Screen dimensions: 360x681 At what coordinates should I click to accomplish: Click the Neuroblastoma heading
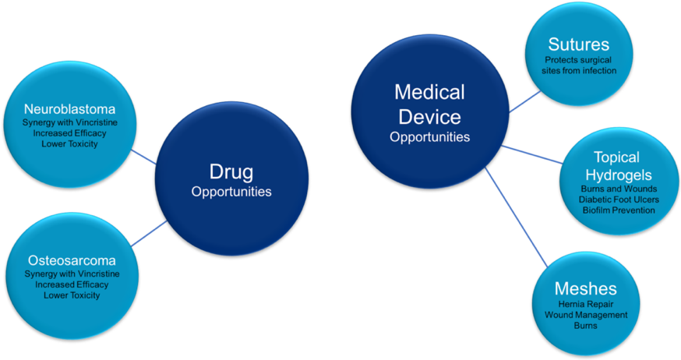coord(71,108)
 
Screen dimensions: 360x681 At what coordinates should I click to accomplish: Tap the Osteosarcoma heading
coord(72,260)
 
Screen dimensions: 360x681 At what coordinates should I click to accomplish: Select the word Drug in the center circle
coord(231,171)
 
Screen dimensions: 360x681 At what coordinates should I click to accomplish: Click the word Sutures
coord(578,44)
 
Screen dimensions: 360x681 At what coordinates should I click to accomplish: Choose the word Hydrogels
coord(617,175)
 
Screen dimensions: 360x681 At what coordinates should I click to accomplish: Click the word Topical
coord(617,157)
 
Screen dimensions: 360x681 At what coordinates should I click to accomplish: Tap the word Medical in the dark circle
coord(429,93)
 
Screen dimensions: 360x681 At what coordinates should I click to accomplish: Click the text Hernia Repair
coord(585,304)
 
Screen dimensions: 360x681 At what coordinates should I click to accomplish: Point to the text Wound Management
coord(585,315)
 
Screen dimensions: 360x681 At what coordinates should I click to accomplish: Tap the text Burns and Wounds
coord(618,189)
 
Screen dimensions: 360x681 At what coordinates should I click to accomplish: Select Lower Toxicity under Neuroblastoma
coord(71,144)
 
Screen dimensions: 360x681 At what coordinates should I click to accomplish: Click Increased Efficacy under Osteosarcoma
coord(72,285)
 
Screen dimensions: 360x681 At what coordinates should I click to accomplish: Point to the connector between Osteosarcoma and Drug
coord(148,234)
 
